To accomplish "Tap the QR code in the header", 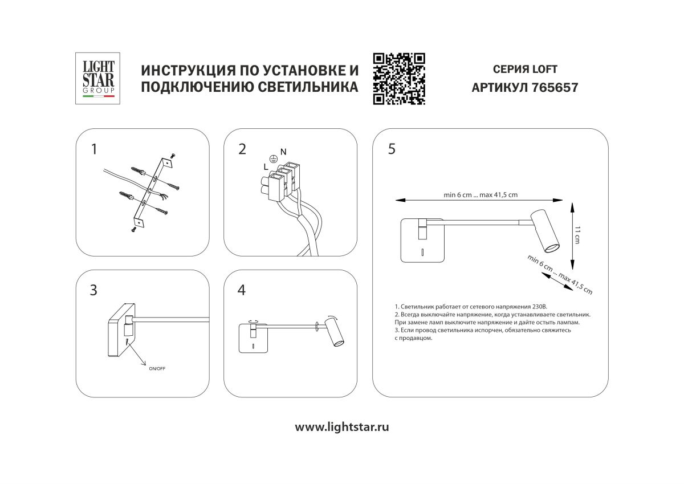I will (x=399, y=79).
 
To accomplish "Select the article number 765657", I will (x=554, y=88).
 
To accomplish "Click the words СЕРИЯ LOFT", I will (x=524, y=70).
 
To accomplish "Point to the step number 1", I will (x=94, y=149).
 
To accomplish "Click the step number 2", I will (x=242, y=149).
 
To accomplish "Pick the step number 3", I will (x=94, y=290).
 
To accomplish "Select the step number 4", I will (x=242, y=290).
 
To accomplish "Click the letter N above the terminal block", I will (x=283, y=152).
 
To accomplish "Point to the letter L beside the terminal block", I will (x=266, y=166).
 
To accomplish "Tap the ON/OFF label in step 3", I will (x=156, y=369).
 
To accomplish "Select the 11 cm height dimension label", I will (x=577, y=235).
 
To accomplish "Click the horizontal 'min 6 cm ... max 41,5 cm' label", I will (x=481, y=195).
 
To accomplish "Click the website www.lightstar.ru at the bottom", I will (x=342, y=427).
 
